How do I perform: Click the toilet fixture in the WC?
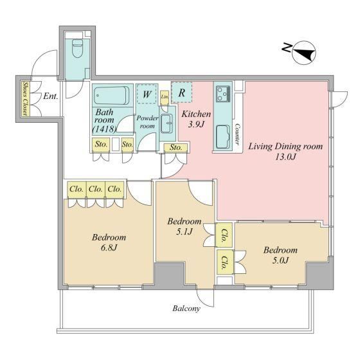point(77,48)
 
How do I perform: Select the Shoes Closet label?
point(25,99)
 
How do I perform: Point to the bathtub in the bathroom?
point(112,95)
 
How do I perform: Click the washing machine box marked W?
point(147,94)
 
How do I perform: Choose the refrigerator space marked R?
point(181,93)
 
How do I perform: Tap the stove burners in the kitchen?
point(223,94)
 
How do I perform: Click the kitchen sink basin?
point(223,136)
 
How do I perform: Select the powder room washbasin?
point(166,123)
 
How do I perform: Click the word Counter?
point(238,134)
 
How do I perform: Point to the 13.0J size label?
point(285,157)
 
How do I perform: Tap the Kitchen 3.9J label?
point(196,119)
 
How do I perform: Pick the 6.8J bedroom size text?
point(109,248)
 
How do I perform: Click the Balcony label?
point(186,309)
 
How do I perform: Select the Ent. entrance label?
point(51,96)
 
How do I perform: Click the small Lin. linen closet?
point(165,97)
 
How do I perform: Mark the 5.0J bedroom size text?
point(280,260)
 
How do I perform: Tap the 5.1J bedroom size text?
point(184,231)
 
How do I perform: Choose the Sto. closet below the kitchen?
point(175,148)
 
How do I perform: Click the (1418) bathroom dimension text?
point(104,129)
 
